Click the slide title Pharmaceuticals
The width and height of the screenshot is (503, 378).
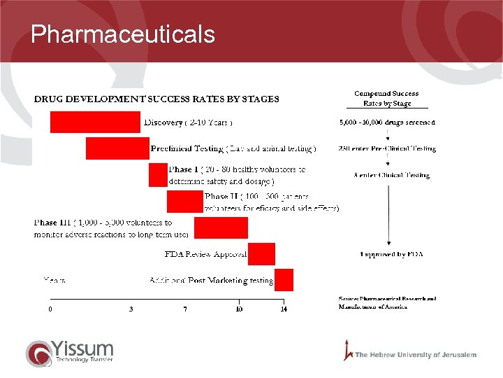pyautogui.click(x=123, y=34)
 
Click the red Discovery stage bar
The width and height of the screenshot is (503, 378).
pyautogui.click(x=95, y=122)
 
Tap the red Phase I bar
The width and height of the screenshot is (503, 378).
pyautogui.click(x=158, y=175)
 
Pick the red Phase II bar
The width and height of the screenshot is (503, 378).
pyautogui.click(x=184, y=202)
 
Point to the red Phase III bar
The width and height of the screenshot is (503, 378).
pyautogui.click(x=221, y=227)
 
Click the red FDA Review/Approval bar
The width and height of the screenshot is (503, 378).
pyautogui.click(x=261, y=253)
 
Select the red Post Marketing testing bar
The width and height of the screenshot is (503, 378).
pyautogui.click(x=284, y=279)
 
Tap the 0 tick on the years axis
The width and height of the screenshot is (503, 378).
pyautogui.click(x=50, y=309)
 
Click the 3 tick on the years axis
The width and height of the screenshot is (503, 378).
pyautogui.click(x=131, y=309)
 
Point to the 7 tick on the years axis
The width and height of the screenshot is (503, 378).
pyautogui.click(x=185, y=309)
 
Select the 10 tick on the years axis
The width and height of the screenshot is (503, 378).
pyautogui.click(x=239, y=309)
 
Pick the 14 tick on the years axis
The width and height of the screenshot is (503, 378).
pyautogui.click(x=284, y=309)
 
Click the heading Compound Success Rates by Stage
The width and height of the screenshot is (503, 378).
pyautogui.click(x=386, y=98)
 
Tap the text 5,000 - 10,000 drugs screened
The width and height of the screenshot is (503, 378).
pyautogui.click(x=386, y=122)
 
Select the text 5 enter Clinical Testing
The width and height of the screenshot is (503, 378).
pyautogui.click(x=391, y=175)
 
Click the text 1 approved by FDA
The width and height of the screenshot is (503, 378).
pyautogui.click(x=391, y=254)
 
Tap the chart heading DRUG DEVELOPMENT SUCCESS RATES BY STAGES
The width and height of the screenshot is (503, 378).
pyautogui.click(x=156, y=99)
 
